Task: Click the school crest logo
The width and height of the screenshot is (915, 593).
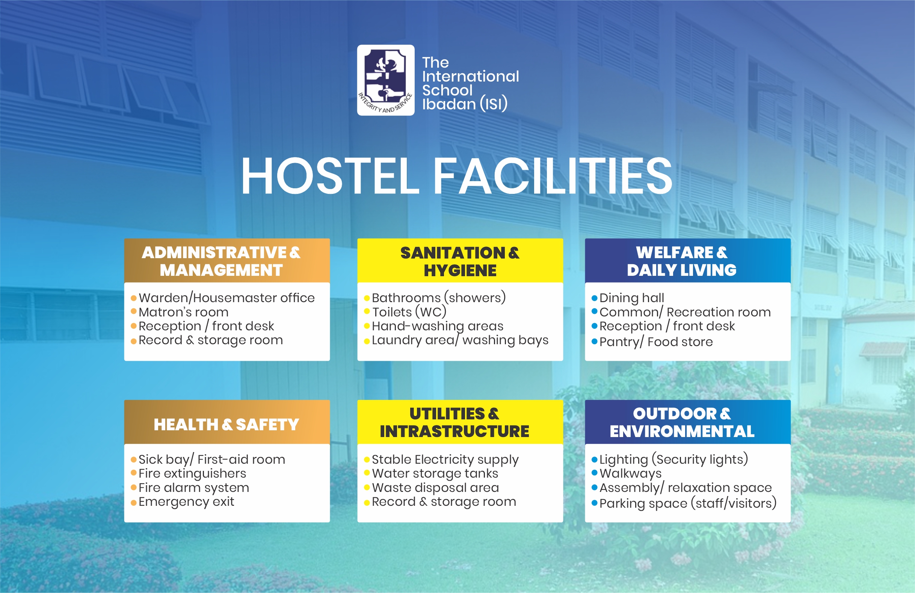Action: point(386,80)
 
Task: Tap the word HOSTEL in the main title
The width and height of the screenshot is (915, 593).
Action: point(330,176)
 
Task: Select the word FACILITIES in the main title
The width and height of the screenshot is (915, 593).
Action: point(553,176)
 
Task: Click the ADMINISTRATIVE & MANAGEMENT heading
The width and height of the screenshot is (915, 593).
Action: point(221,261)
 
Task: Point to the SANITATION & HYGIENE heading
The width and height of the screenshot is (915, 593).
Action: point(460,262)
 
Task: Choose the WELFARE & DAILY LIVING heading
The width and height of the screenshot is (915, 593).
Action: point(682,261)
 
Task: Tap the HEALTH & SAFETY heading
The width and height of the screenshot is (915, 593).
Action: point(226,425)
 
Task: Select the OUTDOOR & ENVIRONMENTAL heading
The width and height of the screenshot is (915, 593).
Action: point(682,423)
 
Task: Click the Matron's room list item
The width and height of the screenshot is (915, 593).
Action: point(183,312)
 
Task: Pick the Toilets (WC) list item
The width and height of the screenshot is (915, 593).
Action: point(409,312)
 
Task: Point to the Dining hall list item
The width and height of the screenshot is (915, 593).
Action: point(632,298)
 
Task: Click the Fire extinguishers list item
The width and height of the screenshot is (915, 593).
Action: point(192,473)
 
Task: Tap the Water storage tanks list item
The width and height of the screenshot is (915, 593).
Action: point(435,473)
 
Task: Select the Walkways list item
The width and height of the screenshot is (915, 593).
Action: point(631,473)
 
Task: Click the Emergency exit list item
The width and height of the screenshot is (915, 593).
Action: point(186,502)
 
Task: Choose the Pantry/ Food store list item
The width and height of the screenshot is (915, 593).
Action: point(656,342)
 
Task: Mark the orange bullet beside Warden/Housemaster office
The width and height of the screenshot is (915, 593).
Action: point(134,298)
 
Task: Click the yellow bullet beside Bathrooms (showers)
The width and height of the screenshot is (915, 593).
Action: point(367,298)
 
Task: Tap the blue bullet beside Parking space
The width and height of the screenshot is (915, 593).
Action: point(594,503)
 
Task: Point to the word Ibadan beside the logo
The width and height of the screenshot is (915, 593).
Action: point(449,104)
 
